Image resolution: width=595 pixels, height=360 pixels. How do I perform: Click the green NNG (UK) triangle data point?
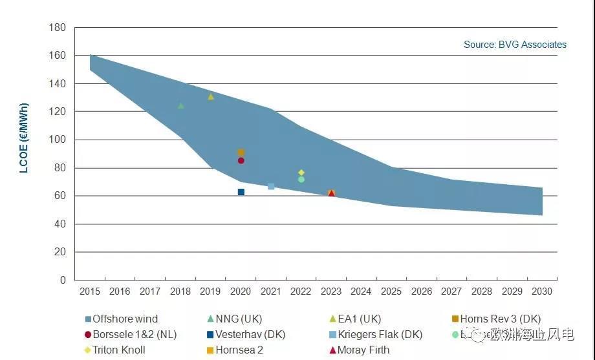click(181, 105)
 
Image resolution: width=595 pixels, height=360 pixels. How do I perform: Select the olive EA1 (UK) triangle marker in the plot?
click(211, 97)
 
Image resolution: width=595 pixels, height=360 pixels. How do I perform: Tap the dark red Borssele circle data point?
click(241, 160)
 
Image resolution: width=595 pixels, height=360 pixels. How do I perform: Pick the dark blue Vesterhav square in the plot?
click(241, 192)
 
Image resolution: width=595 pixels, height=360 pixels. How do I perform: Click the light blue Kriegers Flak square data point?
click(271, 186)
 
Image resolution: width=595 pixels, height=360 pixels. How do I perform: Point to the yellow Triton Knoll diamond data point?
click(301, 173)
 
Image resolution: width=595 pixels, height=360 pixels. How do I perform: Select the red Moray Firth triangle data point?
click(332, 193)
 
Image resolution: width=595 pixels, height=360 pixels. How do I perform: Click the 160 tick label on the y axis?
click(58, 56)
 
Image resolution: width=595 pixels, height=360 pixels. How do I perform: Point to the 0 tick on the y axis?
click(63, 280)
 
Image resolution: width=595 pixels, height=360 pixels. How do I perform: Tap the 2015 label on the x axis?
click(90, 291)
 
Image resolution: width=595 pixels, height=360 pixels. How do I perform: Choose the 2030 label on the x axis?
click(542, 291)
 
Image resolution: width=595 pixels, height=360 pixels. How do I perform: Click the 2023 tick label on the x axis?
click(331, 291)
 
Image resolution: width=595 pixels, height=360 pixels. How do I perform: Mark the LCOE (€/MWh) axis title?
click(24, 138)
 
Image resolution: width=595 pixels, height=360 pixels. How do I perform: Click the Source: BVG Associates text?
click(515, 45)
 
